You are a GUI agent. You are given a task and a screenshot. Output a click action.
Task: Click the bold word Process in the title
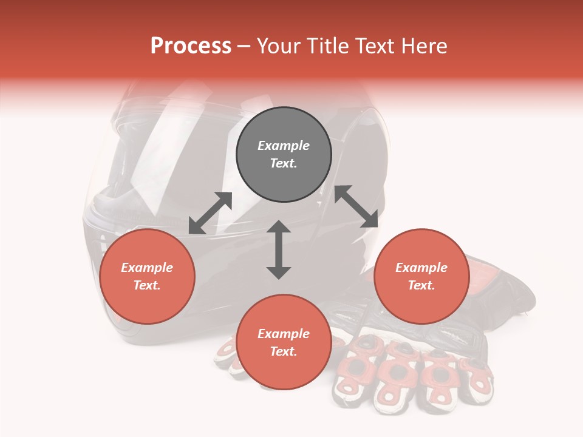191,46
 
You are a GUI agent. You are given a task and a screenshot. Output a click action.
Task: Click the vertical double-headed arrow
279,249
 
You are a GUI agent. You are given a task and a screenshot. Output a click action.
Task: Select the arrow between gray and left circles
210,213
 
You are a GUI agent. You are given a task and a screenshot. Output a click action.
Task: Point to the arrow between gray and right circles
356,206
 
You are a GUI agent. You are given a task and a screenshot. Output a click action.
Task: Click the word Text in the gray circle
283,163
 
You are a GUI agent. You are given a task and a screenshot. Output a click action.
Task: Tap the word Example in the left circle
147,268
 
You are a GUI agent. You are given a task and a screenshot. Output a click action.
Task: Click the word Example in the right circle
421,268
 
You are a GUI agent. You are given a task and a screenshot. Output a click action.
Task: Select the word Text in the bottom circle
283,351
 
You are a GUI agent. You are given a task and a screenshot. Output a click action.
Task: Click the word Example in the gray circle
284,146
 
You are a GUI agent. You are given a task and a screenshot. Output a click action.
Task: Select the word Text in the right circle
421,285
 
